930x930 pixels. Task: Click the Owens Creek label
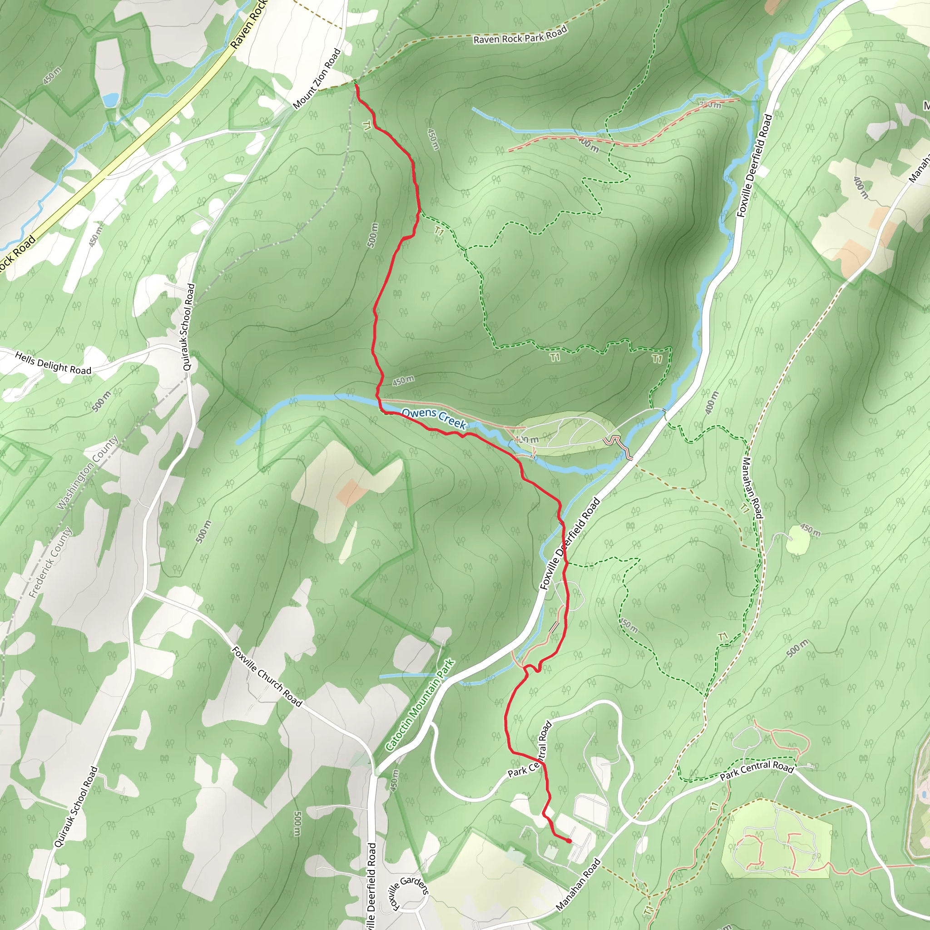pyautogui.click(x=434, y=418)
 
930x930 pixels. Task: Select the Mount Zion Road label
pyautogui.click(x=317, y=78)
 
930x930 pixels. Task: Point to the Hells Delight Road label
pyautogui.click(x=53, y=363)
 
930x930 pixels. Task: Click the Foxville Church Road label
pyautogui.click(x=267, y=676)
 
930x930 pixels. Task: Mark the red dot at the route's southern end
pyautogui.click(x=569, y=841)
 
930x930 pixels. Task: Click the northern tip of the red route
pyautogui.click(x=356, y=85)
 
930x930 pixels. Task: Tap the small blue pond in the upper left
pyautogui.click(x=110, y=99)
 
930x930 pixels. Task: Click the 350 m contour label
pyautogui.click(x=710, y=104)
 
